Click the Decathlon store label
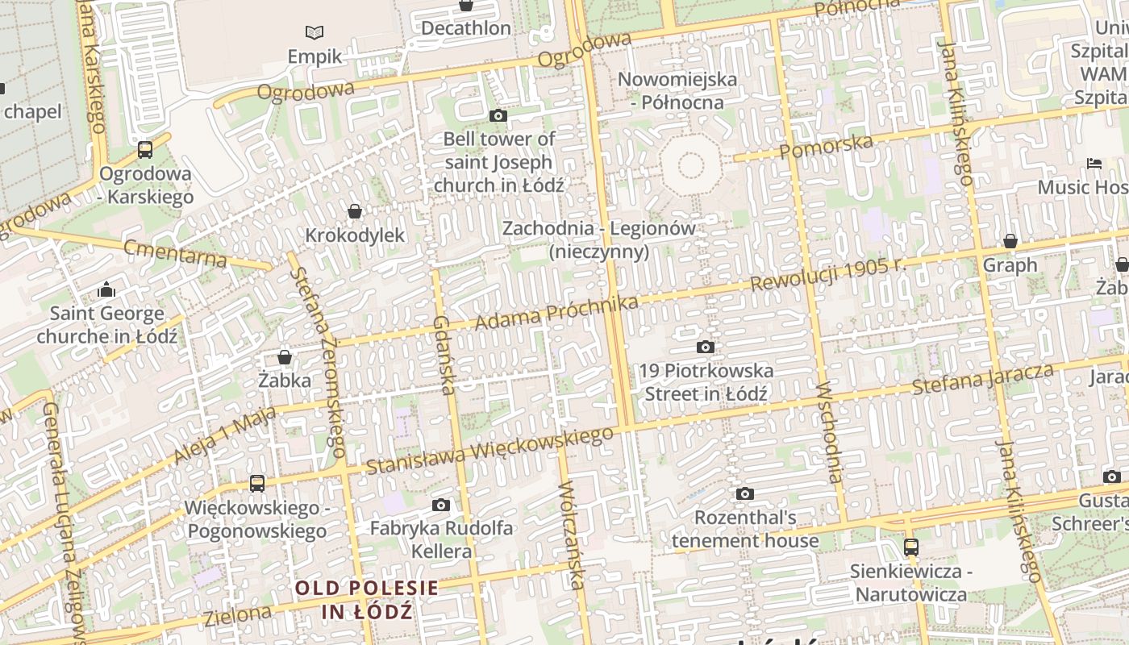pos(466,28)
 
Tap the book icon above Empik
pos(315,32)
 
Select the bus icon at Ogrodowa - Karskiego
pos(145,149)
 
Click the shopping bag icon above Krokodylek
pos(355,211)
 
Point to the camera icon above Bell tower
pos(498,115)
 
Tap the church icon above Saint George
pos(106,289)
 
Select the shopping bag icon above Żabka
pos(285,356)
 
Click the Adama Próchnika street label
pos(556,313)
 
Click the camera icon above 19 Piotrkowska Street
pos(706,347)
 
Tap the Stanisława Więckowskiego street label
pos(490,451)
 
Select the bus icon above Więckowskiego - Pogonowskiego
pos(257,483)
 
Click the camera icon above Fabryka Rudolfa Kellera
pos(440,505)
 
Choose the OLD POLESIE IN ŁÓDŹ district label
pos(367,599)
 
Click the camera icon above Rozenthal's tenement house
pos(745,493)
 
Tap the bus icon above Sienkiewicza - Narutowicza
pos(911,547)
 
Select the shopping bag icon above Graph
pos(1010,241)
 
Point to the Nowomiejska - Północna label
pos(677,91)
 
